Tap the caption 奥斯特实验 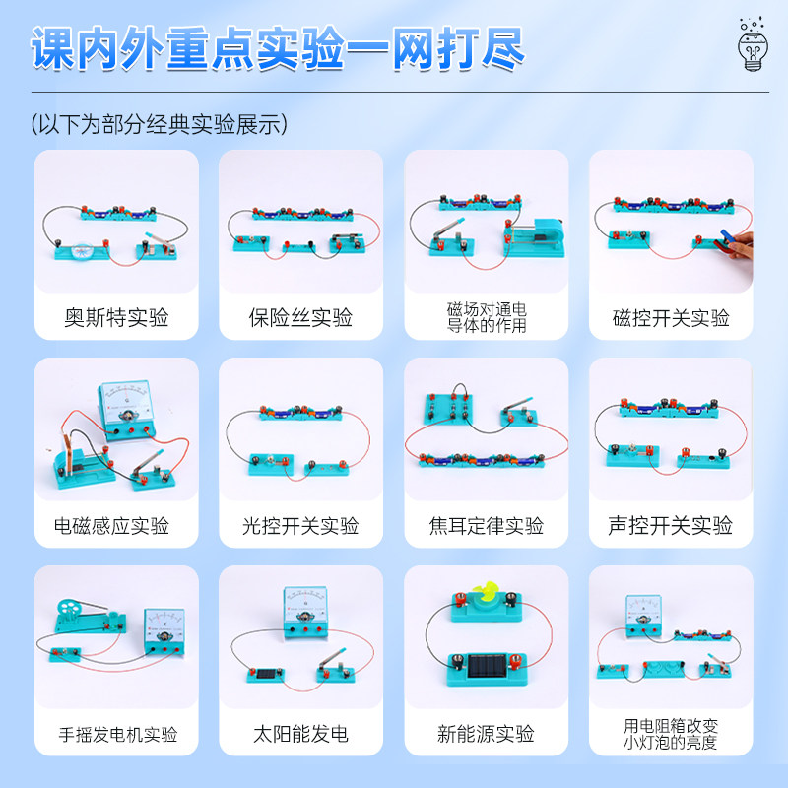click(116, 318)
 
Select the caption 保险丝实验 click(300, 318)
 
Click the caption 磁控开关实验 click(671, 318)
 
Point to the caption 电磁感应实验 click(116, 526)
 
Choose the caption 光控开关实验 click(300, 526)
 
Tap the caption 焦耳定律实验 click(486, 526)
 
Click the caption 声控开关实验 click(671, 526)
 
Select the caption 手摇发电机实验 click(116, 735)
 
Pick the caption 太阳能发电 click(300, 735)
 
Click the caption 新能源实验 click(486, 735)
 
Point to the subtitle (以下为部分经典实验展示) click(159, 124)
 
